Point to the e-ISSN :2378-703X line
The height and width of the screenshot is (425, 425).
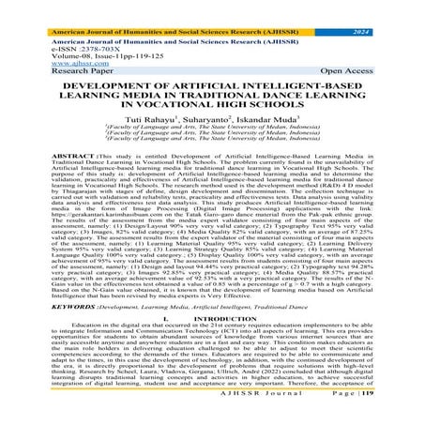[62, 47]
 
